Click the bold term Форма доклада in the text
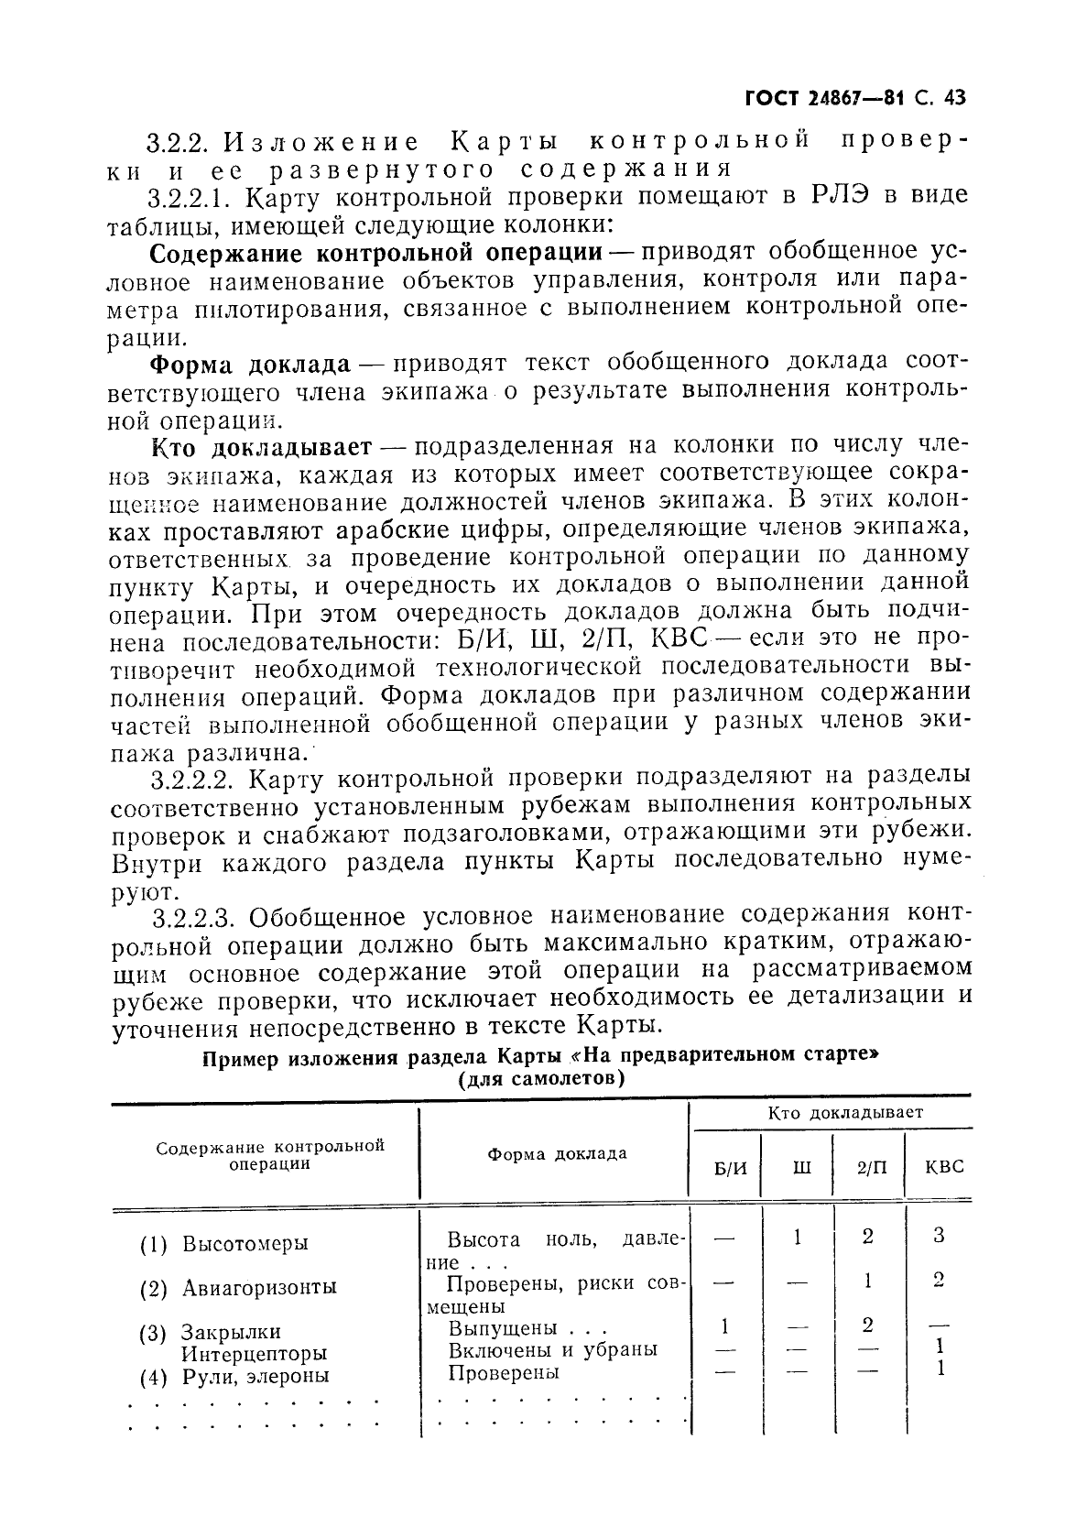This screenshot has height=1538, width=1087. (x=250, y=364)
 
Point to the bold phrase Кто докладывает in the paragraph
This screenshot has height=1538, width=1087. (x=260, y=446)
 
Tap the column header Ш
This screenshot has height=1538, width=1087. (x=799, y=1168)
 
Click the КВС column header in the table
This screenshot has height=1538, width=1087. (x=943, y=1168)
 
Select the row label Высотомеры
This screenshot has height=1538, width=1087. (x=245, y=1244)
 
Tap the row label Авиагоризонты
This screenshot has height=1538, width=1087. (x=259, y=1288)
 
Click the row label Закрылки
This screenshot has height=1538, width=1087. (x=230, y=1332)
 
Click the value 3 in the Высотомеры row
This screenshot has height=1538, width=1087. (x=939, y=1235)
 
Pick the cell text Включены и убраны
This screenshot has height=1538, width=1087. (x=552, y=1349)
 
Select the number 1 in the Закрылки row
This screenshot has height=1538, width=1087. (x=725, y=1326)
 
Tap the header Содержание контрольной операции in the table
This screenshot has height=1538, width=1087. (x=269, y=1155)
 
